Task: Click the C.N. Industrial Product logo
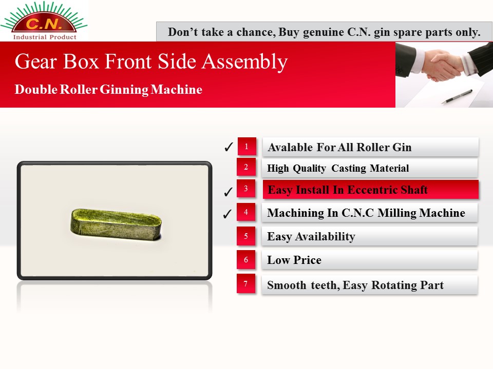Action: click(44, 21)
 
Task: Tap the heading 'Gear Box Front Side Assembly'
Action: click(151, 61)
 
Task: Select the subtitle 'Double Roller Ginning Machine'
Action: click(108, 89)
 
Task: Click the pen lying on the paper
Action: click(457, 96)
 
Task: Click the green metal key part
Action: click(116, 224)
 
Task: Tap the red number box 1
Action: click(247, 146)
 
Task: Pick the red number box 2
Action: click(246, 167)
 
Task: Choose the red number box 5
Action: click(246, 236)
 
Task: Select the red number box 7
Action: click(246, 283)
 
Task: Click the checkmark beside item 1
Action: click(229, 147)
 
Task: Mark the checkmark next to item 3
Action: click(228, 191)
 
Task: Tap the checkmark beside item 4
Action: click(227, 214)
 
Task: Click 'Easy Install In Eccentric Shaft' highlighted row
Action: click(370, 190)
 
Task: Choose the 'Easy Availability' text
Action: click(311, 236)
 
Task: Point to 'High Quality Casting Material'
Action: click(338, 169)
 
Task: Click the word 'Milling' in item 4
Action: click(397, 213)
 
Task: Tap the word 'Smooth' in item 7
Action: click(287, 285)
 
